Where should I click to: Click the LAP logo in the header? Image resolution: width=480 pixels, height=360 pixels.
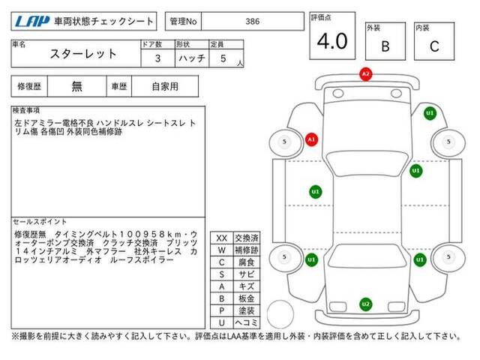[x=32, y=22]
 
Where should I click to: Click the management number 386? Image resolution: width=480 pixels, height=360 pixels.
[x=253, y=22]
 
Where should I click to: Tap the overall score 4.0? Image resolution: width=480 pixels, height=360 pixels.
[x=332, y=41]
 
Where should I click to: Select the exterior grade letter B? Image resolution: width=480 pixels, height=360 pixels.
[x=385, y=46]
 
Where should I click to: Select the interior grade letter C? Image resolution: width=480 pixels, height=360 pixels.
[x=434, y=46]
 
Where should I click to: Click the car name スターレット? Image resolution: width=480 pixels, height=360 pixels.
[x=83, y=54]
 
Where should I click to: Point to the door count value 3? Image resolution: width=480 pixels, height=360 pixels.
[x=157, y=58]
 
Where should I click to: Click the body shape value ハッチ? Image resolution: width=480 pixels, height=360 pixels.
[x=192, y=58]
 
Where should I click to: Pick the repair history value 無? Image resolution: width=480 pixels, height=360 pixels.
[x=76, y=87]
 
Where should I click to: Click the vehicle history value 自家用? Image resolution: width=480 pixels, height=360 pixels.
[x=165, y=87]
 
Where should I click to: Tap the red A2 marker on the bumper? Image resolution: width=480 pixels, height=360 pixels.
[x=366, y=74]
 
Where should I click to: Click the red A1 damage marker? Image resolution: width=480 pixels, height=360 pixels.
[x=312, y=140]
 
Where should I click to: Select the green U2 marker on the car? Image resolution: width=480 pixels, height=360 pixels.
[x=366, y=304]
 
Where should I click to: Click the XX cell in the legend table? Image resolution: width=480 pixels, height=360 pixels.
[x=222, y=238]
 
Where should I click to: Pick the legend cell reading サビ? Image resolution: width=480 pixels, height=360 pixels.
[x=247, y=274]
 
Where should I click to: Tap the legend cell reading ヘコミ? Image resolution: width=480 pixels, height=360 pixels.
[x=247, y=322]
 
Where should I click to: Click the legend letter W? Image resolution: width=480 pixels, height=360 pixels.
[x=222, y=250]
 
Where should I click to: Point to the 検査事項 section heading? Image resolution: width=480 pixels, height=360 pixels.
[x=26, y=110]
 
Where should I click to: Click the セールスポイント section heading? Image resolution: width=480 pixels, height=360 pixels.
[x=40, y=222]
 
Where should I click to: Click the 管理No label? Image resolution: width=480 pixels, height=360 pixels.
[x=183, y=22]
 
